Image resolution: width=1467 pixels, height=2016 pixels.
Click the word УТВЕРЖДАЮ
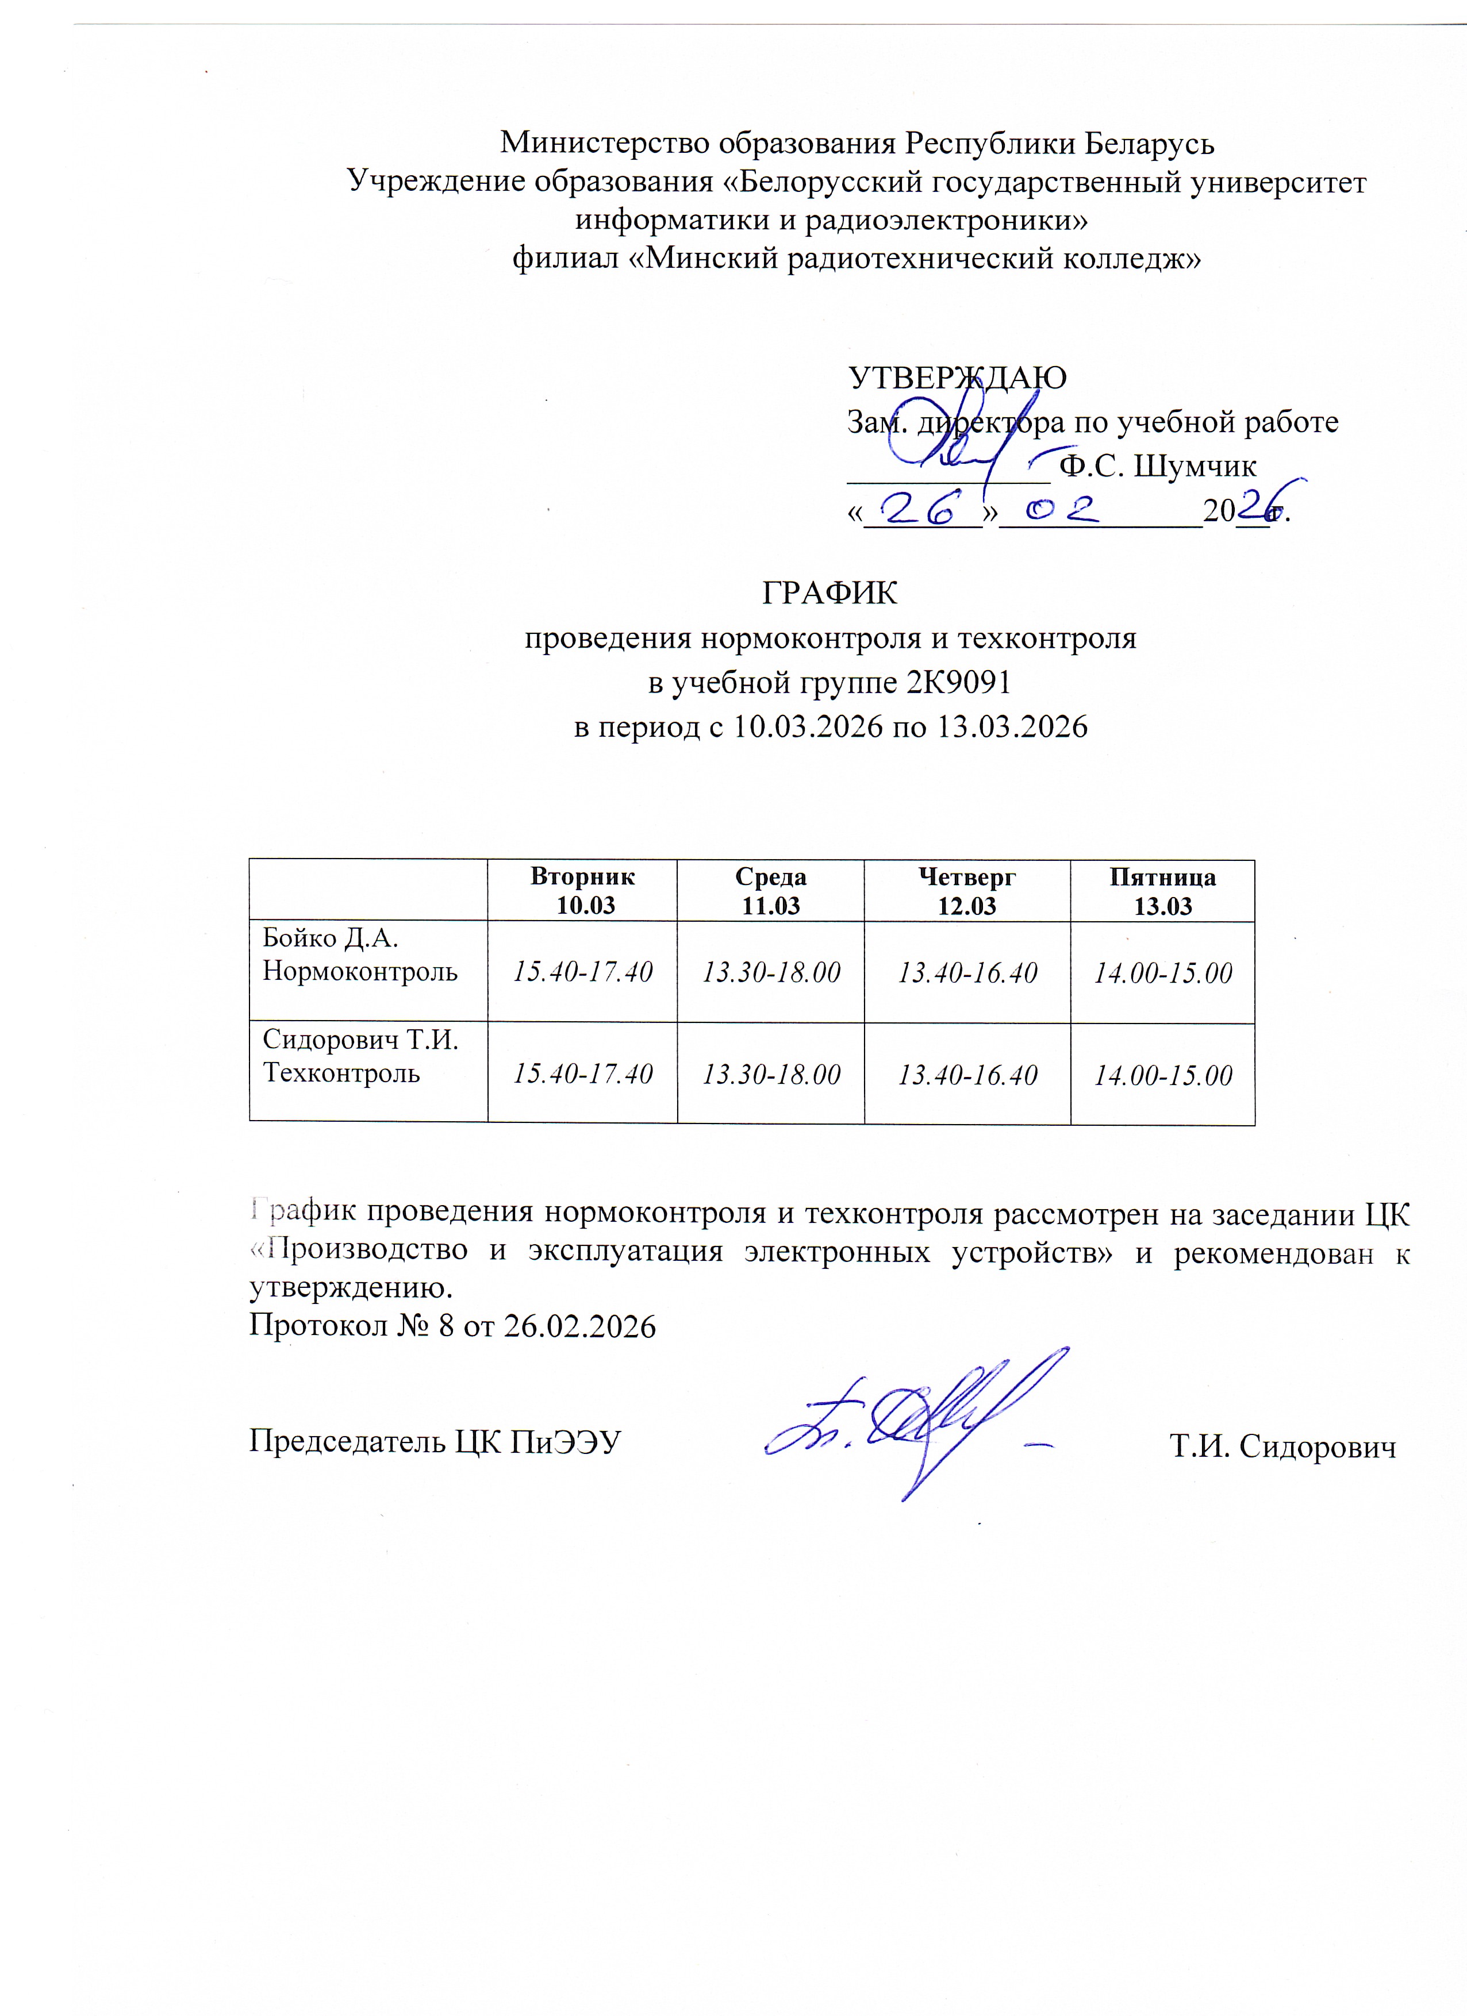pos(958,378)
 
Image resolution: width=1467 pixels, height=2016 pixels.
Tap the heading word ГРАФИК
pos(831,593)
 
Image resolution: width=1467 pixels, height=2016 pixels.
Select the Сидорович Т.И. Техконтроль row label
pos(360,1056)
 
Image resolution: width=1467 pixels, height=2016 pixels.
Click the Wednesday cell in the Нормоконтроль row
pos(771,972)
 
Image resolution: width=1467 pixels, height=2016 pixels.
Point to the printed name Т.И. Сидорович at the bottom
pos(1282,1447)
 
